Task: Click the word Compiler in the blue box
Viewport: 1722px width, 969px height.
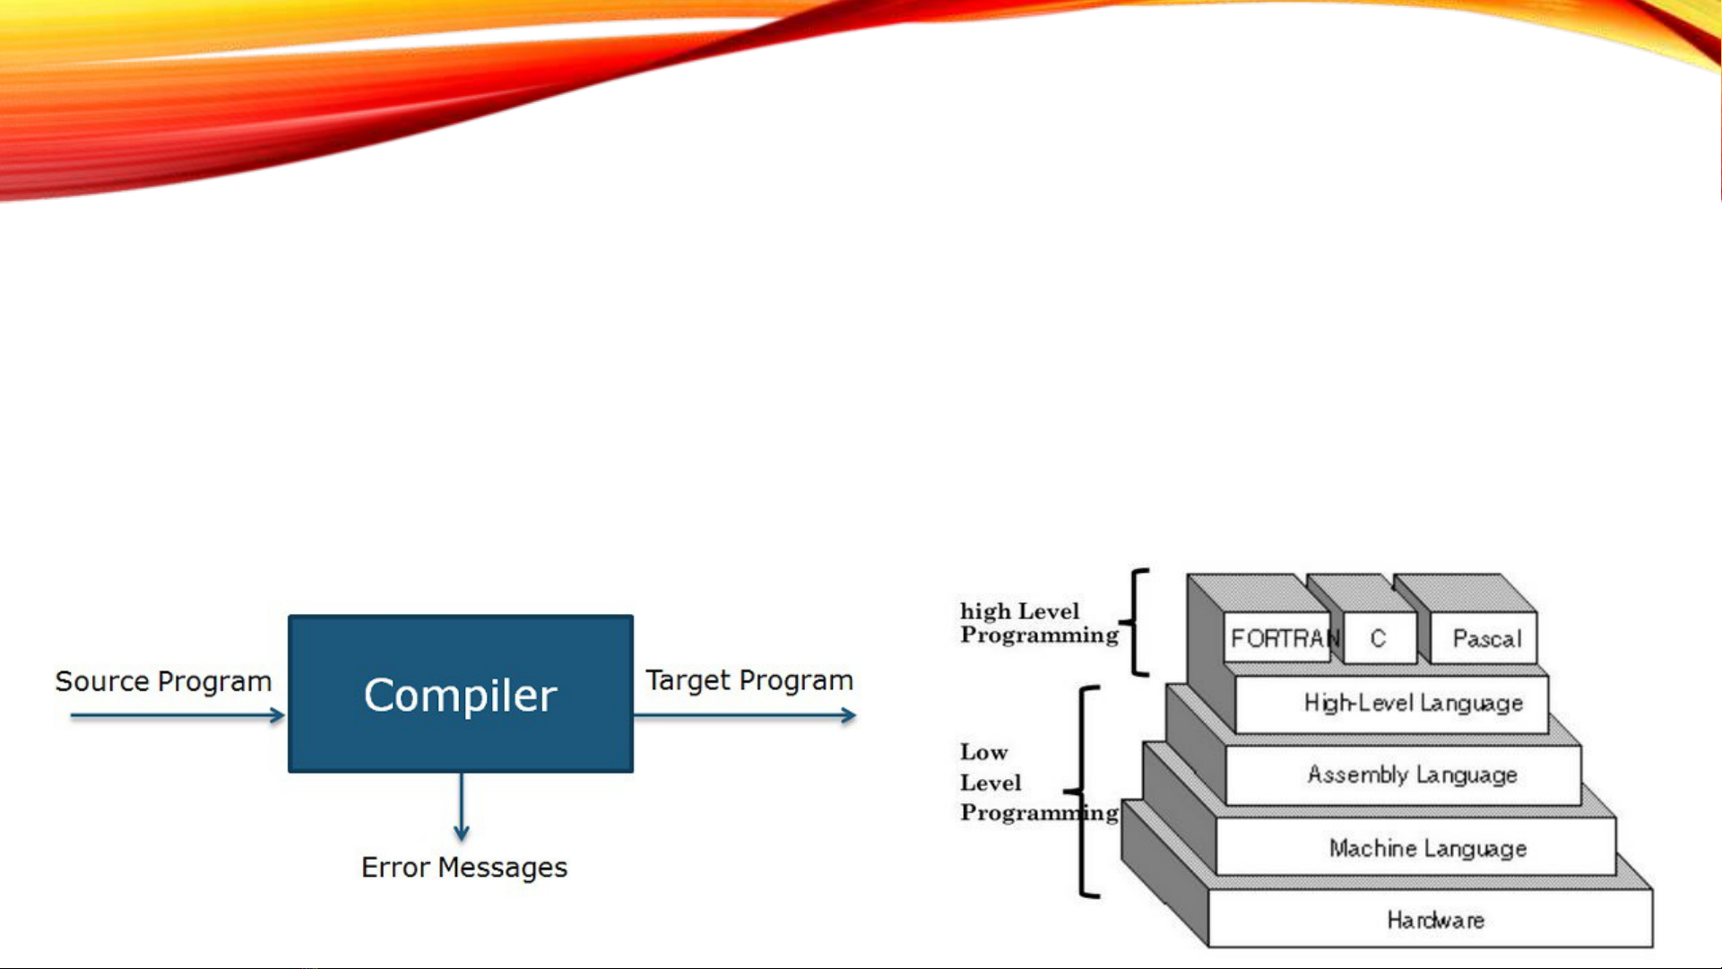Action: [x=460, y=695]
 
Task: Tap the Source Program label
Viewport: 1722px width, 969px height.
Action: [x=163, y=681]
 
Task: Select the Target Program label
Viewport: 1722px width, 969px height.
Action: [x=749, y=680]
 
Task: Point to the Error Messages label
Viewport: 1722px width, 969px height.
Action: [x=464, y=867]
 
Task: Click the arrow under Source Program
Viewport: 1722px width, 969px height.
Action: [x=177, y=715]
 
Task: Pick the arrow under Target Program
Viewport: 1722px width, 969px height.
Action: [x=745, y=715]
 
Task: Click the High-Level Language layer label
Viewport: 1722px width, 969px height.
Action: [x=1414, y=703]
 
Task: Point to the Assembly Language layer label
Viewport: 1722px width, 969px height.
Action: [x=1413, y=774]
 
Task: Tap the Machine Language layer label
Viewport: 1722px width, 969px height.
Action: [x=1428, y=848]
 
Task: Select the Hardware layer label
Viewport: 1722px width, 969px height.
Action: [x=1436, y=920]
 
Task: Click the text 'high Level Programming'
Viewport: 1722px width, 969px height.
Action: [x=1040, y=623]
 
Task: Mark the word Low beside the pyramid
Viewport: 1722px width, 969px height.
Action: [x=984, y=752]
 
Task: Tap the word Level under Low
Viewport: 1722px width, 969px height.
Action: [x=991, y=783]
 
